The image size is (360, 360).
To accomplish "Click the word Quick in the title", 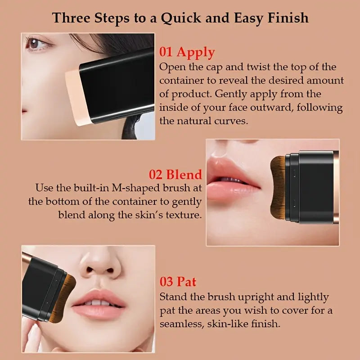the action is point(181,18).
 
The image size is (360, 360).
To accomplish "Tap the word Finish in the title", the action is point(288,18).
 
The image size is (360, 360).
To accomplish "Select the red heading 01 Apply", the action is point(187,52).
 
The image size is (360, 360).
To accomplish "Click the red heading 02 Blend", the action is point(175,175).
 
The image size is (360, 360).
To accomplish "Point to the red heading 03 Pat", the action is point(178,282).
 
